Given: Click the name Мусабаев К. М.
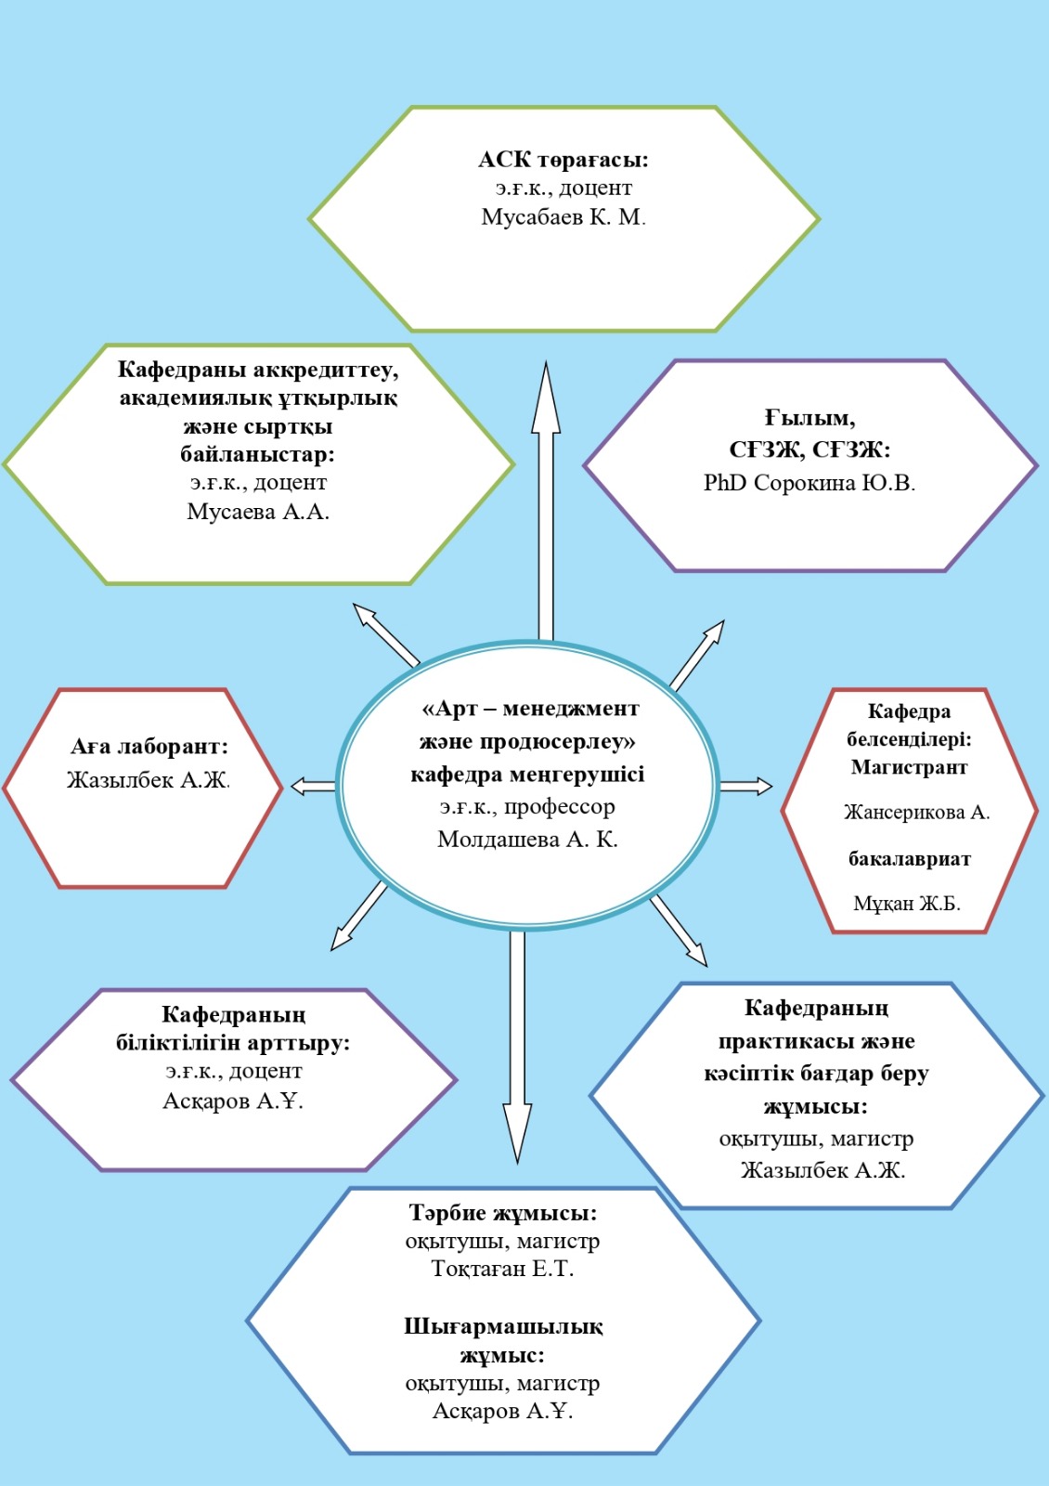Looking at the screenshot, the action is (x=563, y=217).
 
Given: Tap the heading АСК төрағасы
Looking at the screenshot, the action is (x=563, y=160).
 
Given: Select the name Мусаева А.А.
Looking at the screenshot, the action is (x=258, y=512).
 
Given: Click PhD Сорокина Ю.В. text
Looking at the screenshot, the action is (x=809, y=482).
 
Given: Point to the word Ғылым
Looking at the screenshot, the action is (x=809, y=418).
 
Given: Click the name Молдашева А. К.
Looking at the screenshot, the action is (x=527, y=840).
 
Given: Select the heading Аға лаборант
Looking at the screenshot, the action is (x=149, y=747).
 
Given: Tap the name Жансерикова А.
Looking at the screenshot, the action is (x=916, y=812).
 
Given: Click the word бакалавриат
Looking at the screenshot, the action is (x=909, y=859).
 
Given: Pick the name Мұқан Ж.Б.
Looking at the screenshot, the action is (x=906, y=904).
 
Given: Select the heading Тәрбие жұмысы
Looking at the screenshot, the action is (x=502, y=1213).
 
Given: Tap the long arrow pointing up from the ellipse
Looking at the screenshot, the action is (x=546, y=501).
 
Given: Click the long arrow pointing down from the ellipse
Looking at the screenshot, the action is (x=517, y=1048).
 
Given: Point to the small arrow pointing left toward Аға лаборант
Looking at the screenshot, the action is (x=313, y=787).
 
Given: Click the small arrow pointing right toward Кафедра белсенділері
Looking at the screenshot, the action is (x=746, y=786).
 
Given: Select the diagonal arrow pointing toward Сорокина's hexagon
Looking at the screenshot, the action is (x=697, y=655).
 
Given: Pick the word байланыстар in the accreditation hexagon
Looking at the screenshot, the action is (x=258, y=455).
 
